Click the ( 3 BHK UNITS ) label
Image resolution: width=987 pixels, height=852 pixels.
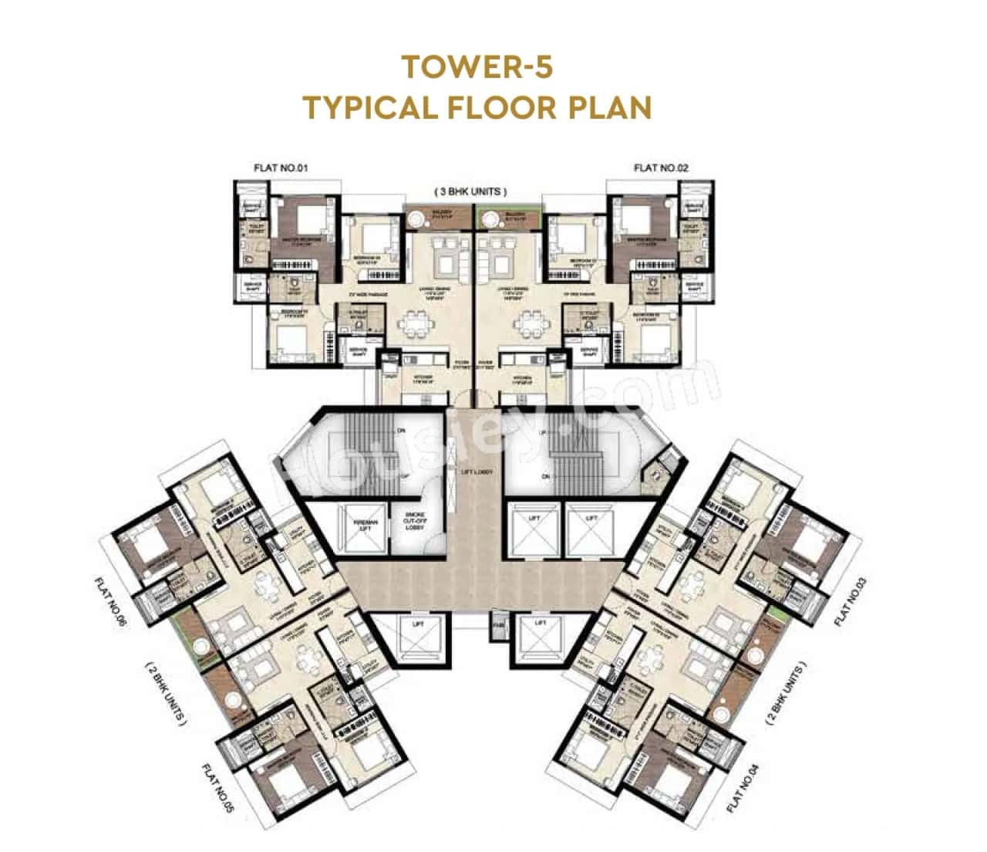click(472, 191)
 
